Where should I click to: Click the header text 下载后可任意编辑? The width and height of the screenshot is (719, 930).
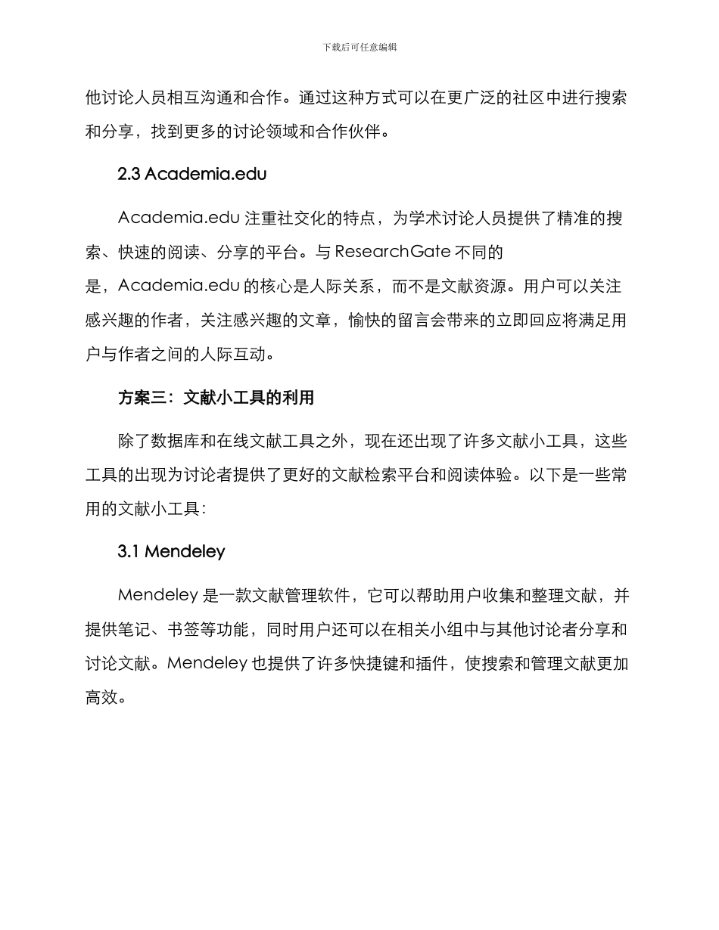tap(359, 47)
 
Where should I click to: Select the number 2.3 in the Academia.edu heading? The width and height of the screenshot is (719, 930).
tap(129, 174)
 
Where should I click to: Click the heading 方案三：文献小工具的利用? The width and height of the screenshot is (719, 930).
tap(216, 398)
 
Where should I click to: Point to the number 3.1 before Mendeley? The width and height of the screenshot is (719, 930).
tap(129, 552)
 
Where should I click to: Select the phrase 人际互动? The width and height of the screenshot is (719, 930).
tap(236, 354)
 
